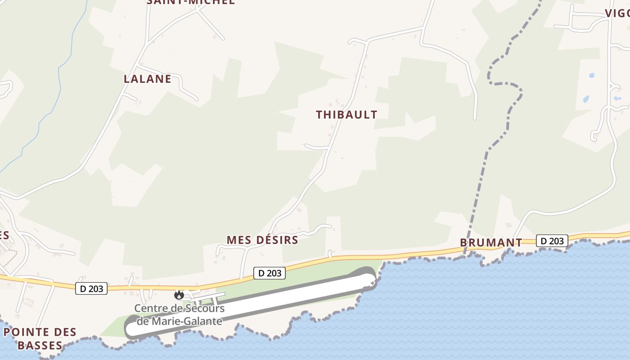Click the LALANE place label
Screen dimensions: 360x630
point(147,79)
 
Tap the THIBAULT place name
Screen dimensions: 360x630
point(346,115)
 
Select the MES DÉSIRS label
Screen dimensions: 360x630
point(262,240)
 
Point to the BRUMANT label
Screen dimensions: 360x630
point(491,243)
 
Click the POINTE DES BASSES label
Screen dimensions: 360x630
point(40,339)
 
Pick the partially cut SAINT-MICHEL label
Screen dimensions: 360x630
point(191,2)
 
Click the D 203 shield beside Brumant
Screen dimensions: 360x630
point(552,241)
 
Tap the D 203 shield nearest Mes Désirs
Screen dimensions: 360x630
point(269,273)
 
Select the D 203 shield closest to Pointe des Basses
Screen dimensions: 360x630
point(91,289)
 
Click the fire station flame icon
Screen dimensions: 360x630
point(179,295)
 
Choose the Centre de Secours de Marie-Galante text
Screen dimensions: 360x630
point(180,315)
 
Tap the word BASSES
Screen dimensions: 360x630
point(40,346)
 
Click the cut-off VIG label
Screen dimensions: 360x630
point(617,13)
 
